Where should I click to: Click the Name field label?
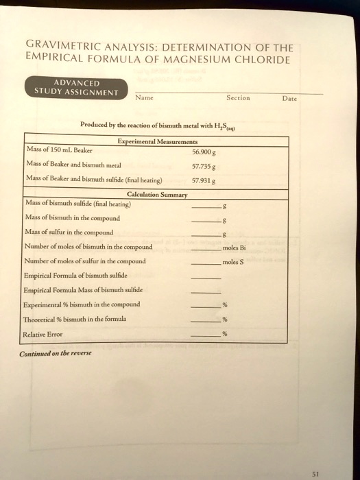[x=144, y=98]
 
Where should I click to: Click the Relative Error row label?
[x=43, y=334]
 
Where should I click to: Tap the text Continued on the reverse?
[x=56, y=355]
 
